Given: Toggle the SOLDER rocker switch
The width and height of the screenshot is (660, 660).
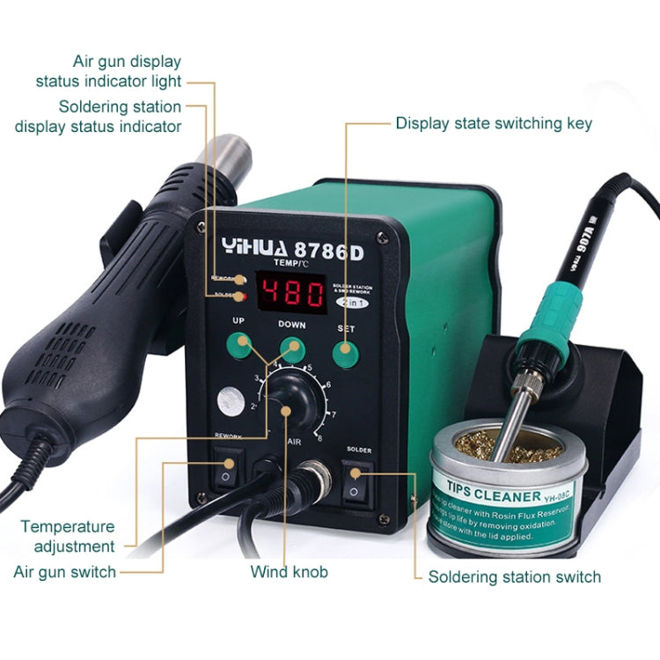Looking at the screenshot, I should point(357,480).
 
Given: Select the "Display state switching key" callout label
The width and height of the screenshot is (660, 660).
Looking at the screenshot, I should point(494,123).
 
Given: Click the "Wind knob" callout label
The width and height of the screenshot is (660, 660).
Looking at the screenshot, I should point(289,572).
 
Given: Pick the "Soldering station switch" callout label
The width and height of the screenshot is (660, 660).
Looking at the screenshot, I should point(514,577).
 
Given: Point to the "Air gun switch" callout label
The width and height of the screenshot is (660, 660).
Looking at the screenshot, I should point(65,572).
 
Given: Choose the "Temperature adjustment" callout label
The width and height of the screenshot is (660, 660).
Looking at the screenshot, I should point(68,536).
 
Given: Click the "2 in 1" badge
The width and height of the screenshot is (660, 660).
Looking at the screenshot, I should point(351,301).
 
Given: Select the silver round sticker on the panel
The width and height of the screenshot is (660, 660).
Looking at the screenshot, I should point(231,402).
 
